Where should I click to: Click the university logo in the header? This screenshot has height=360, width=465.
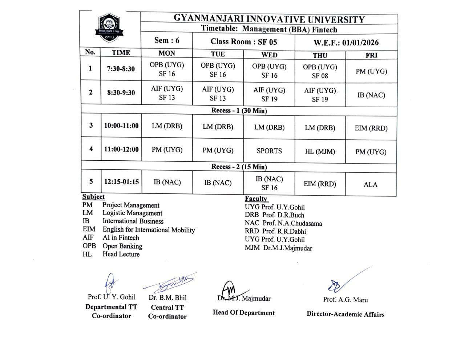click(109, 28)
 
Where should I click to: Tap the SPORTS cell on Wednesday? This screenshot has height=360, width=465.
click(269, 151)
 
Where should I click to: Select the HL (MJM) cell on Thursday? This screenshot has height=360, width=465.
click(320, 152)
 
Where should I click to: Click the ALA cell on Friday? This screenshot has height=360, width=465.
click(371, 185)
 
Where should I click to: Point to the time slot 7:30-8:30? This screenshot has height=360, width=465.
click(121, 69)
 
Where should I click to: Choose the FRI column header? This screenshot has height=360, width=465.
click(371, 55)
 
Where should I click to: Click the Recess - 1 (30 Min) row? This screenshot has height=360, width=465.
click(239, 111)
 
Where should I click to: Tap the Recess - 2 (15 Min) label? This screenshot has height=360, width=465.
click(239, 167)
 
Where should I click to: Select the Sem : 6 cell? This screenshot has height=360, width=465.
click(167, 40)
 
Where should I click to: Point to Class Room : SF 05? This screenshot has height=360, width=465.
click(243, 42)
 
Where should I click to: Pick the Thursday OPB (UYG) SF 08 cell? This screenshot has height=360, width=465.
click(320, 71)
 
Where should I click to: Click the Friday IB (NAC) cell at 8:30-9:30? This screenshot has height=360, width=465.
click(371, 95)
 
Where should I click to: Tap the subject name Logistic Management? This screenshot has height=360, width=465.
click(132, 213)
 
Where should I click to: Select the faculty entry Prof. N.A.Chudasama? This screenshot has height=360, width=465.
click(283, 223)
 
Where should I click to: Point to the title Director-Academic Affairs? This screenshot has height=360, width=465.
click(345, 315)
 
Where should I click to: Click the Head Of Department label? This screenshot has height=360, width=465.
click(244, 313)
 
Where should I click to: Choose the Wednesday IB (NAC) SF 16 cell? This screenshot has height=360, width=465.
click(269, 183)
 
